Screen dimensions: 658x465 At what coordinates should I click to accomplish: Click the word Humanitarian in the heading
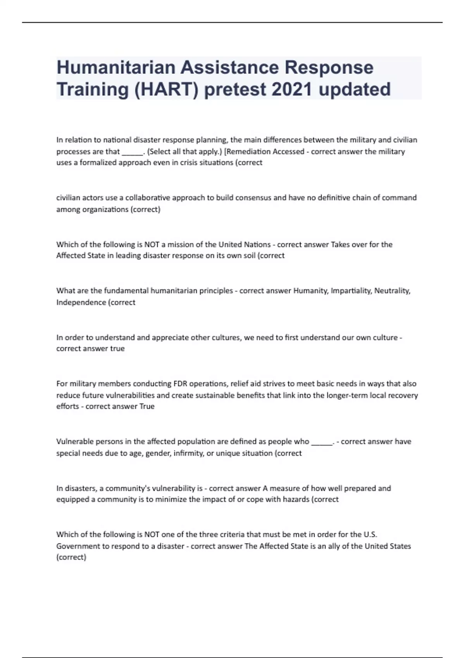pyautogui.click(x=116, y=67)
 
